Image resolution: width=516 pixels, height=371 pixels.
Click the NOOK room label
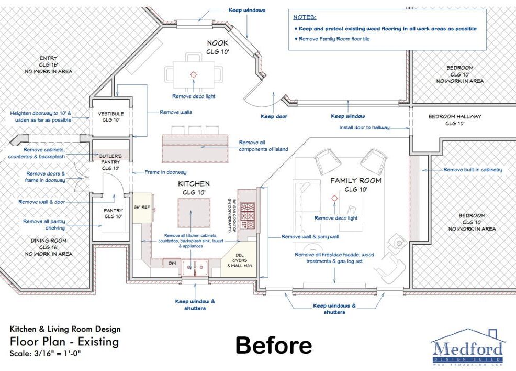tap(218, 43)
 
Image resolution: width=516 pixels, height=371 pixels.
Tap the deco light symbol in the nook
tap(194, 75)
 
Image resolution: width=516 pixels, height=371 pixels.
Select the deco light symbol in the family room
tap(335, 199)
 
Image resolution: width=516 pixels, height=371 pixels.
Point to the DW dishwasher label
tap(173, 263)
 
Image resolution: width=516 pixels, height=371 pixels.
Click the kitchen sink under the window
tap(195, 267)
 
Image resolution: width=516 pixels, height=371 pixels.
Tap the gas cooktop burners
tap(247, 216)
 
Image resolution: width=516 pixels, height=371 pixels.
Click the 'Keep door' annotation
tap(274, 116)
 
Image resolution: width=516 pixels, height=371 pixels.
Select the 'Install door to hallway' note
tap(364, 127)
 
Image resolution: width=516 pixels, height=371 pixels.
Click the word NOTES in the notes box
tap(305, 17)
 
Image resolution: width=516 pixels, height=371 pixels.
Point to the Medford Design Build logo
tap(468, 347)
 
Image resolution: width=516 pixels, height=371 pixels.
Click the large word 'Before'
tap(274, 345)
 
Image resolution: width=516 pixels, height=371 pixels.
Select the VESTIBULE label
tap(111, 114)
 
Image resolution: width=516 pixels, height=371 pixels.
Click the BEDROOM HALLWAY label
tap(455, 117)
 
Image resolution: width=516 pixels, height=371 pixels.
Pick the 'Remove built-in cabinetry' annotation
tap(473, 170)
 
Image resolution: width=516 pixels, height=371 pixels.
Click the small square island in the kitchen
tap(194, 213)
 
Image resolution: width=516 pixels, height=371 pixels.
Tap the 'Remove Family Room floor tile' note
tap(334, 39)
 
